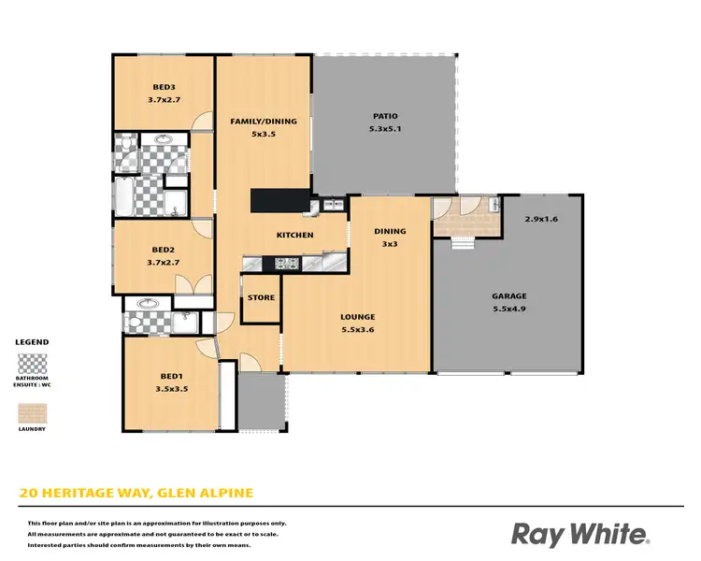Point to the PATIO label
pos(385,117)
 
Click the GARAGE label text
pos(509,295)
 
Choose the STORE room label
pos(261,298)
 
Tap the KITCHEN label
pos(294,235)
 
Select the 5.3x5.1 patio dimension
pos(385,129)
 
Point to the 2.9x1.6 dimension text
pos(541,219)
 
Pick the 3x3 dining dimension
pos(390,243)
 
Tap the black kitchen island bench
pos(279,202)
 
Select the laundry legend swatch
pos(32,413)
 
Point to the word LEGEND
pos(32,342)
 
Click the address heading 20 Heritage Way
pos(136,493)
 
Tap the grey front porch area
pos(260,402)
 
